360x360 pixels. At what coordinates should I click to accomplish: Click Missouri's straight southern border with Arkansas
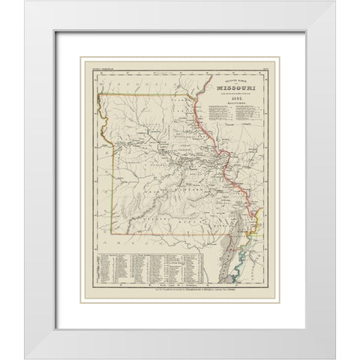click(x=165, y=233)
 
